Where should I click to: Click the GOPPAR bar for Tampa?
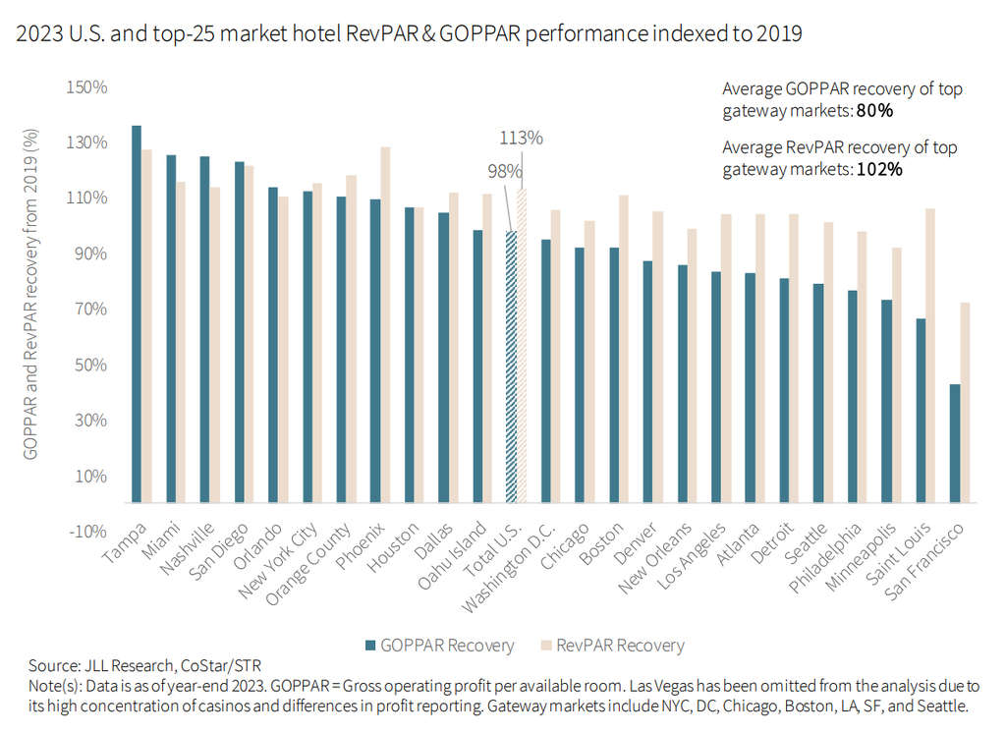[x=137, y=314]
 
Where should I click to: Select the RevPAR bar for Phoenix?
[x=385, y=324]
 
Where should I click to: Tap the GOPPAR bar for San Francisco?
[x=954, y=443]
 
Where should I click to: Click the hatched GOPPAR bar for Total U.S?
[x=511, y=367]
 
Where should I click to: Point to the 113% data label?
[x=521, y=138]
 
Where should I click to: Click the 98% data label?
[x=504, y=172]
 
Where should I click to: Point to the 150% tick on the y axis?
[x=86, y=87]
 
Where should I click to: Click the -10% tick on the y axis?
[x=86, y=532]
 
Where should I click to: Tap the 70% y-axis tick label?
[x=90, y=310]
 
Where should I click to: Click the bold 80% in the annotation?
[x=874, y=112]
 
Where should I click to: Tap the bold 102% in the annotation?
[x=881, y=169]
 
